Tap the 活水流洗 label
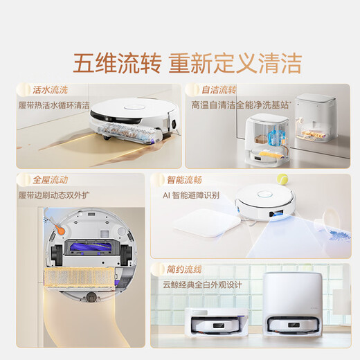point(49,89)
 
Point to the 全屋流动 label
point(49,179)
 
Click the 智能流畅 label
point(186,179)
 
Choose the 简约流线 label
point(186,268)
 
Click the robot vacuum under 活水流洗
point(134,117)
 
